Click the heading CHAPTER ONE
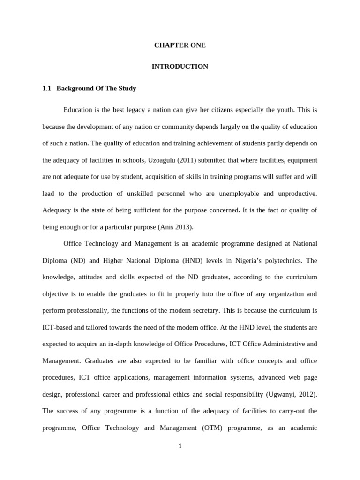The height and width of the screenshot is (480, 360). [180, 45]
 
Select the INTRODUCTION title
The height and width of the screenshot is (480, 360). [180, 67]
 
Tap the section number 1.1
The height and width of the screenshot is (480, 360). [46, 88]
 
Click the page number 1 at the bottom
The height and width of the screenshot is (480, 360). [180, 446]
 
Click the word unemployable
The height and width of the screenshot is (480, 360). [245, 194]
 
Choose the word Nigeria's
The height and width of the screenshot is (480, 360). [232, 261]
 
